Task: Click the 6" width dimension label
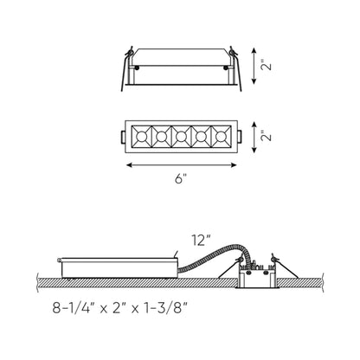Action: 181,179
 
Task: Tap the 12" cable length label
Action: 201,241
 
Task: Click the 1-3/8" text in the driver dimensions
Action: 166,308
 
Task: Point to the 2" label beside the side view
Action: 267,66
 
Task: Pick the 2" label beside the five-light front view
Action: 267,136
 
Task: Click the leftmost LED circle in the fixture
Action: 141,137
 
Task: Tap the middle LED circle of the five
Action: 181,137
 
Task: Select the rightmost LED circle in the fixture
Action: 221,137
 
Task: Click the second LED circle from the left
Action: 161,137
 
